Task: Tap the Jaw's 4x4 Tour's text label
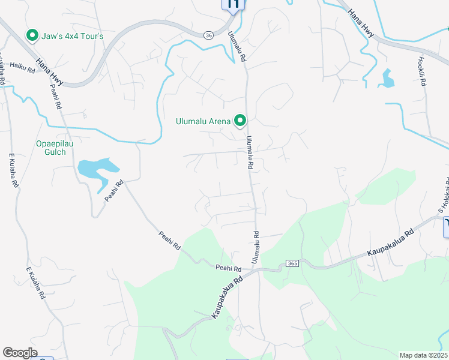coord(73,37)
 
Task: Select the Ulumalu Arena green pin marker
coord(240,121)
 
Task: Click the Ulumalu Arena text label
coord(203,121)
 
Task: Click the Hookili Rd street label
coord(422,72)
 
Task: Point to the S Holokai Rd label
coord(444,196)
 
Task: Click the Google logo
coord(20,352)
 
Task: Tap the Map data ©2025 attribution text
coord(423,355)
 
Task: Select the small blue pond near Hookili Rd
coord(388,78)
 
